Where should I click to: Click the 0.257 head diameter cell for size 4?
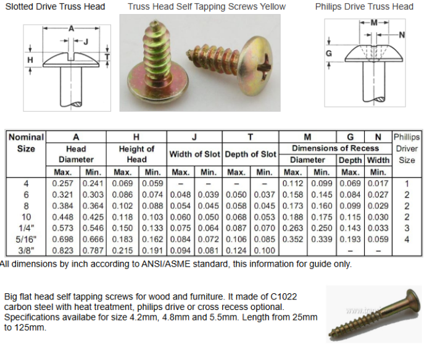pyautogui.click(x=63, y=183)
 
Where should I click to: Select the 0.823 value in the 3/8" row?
pyautogui.click(x=63, y=251)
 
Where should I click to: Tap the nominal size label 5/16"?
pyautogui.click(x=26, y=239)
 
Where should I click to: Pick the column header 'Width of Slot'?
pyautogui.click(x=194, y=154)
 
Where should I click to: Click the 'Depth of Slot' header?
pyautogui.click(x=251, y=154)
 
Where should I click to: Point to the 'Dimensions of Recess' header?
pyautogui.click(x=335, y=148)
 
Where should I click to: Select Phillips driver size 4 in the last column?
pyautogui.click(x=407, y=239)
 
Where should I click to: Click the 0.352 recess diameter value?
pyautogui.click(x=292, y=239)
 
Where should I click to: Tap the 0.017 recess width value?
pyautogui.click(x=378, y=183)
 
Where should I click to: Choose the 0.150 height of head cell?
pyautogui.click(x=122, y=228)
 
